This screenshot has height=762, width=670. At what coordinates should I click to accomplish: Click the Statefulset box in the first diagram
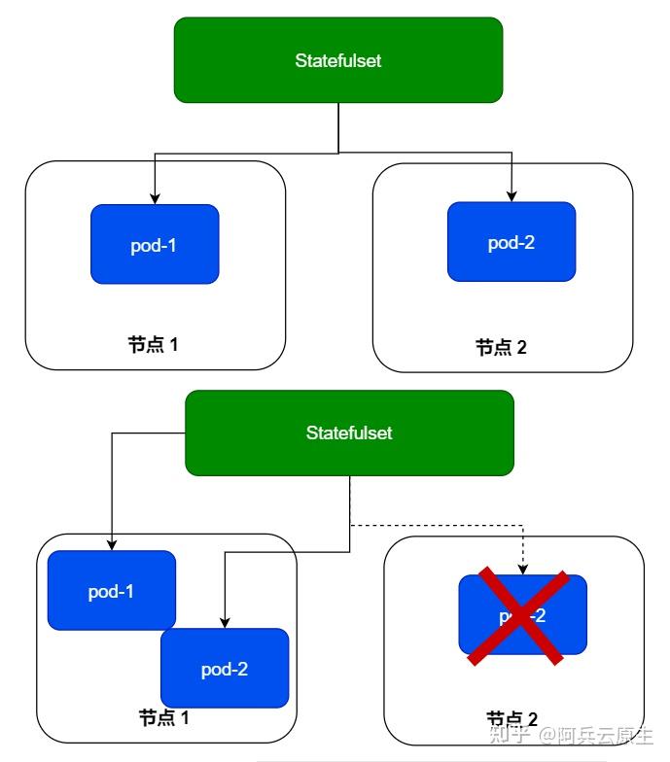pos(337,60)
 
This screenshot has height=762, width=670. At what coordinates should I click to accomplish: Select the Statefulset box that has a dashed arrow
pos(349,433)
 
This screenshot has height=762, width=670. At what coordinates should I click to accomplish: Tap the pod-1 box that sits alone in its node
pos(155,244)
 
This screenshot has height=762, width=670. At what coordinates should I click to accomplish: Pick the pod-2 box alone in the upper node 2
pos(511,242)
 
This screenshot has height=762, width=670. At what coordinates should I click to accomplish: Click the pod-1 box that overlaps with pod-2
pos(111,589)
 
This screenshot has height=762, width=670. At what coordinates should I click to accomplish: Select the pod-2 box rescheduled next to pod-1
pos(226,669)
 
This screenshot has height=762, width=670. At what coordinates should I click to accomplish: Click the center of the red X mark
pos(517,617)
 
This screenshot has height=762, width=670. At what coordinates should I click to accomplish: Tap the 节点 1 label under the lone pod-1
pos(154,344)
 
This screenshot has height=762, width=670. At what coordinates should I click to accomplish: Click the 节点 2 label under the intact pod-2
pos(501,347)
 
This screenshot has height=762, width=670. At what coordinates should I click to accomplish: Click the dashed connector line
pos(438,526)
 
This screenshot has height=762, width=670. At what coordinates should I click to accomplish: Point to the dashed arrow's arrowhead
pos(523,569)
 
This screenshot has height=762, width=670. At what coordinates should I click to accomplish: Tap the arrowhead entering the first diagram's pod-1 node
pos(155,198)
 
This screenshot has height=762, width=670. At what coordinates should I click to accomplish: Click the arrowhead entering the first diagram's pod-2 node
pos(511,195)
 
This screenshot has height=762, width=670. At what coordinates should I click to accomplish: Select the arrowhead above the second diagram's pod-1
pos(112,545)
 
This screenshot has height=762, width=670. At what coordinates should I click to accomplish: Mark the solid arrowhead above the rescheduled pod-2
pos(226,622)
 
